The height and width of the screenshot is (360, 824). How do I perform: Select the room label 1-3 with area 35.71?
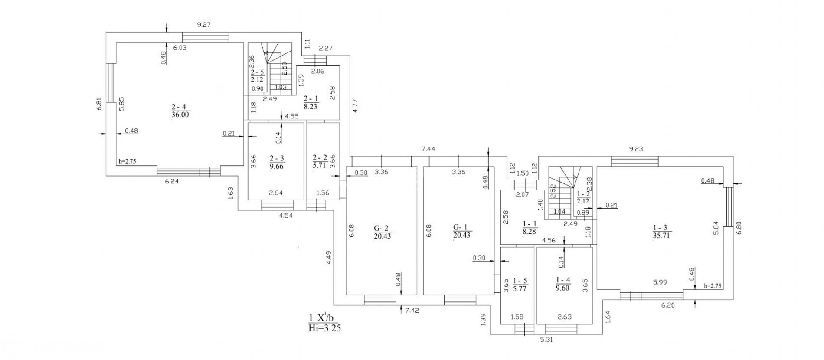(661, 232)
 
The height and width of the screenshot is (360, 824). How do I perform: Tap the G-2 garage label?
(382, 232)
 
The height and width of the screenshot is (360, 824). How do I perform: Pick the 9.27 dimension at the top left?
(203, 25)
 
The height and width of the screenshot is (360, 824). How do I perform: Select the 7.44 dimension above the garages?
(428, 149)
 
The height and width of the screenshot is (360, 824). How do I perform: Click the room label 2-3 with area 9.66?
(276, 162)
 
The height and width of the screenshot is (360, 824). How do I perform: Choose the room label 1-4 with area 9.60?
(563, 284)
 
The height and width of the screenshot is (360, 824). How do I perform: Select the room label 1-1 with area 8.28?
(530, 228)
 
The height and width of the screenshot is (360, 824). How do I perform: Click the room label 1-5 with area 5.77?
(520, 284)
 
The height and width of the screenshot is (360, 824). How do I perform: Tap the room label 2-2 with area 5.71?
(320, 161)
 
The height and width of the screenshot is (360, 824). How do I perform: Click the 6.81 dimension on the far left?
(99, 104)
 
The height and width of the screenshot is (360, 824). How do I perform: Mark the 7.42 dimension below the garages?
(412, 310)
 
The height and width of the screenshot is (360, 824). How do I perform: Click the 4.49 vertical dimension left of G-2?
(329, 258)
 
